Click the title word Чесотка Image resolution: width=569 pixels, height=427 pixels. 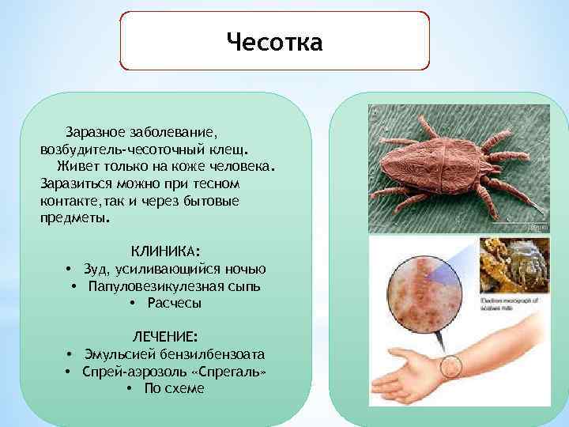(x=274, y=41)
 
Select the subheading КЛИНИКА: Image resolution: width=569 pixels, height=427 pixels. (x=165, y=251)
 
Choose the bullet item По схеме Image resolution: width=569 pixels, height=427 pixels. (x=174, y=388)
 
